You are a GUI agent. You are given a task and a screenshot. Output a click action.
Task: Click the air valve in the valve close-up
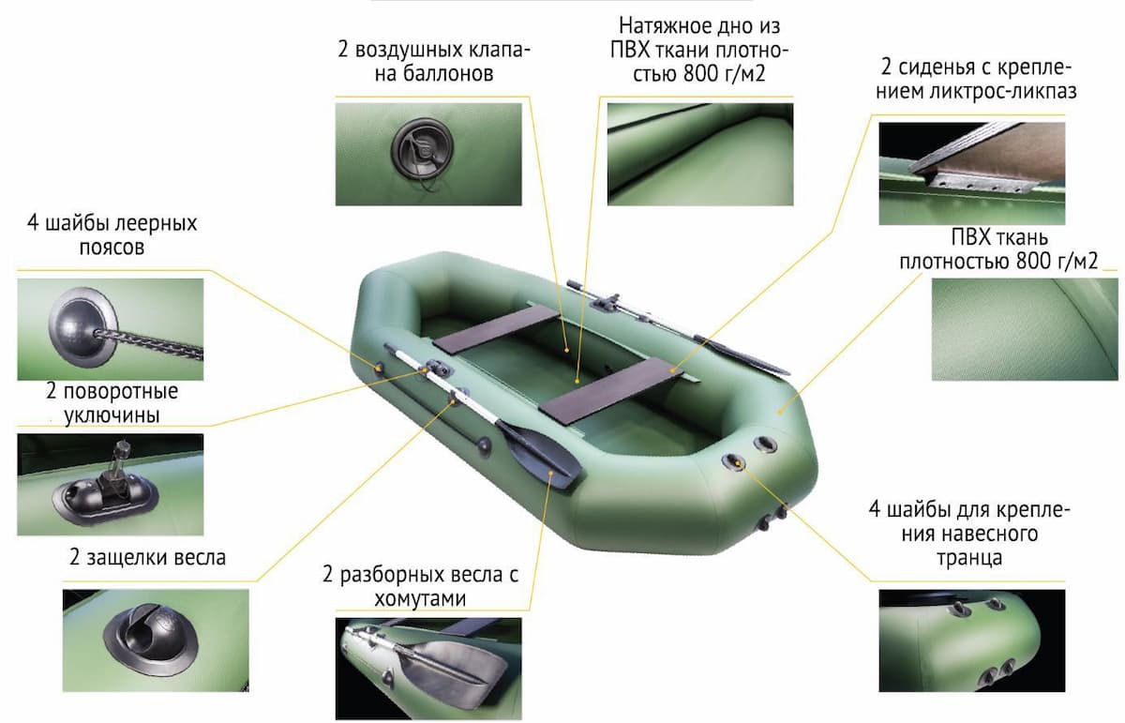tap(422, 149)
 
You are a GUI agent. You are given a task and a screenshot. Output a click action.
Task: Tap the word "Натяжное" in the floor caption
tap(658, 25)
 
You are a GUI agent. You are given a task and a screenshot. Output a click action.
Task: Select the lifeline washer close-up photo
tap(111, 329)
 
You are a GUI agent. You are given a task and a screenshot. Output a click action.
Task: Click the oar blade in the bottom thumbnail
tap(452, 669)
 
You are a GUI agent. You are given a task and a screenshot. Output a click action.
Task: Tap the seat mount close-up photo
tap(972, 173)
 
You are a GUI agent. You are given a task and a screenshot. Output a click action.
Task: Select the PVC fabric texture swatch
tap(1025, 329)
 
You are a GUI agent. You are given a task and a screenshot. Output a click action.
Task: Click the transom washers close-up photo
tap(972, 640)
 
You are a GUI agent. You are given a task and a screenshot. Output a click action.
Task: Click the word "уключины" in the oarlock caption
tap(112, 416)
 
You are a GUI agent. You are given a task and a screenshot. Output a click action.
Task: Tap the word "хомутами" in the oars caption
tap(420, 599)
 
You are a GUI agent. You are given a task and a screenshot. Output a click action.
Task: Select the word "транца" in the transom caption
tap(969, 558)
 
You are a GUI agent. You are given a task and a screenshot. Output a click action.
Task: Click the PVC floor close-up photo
tap(700, 154)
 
